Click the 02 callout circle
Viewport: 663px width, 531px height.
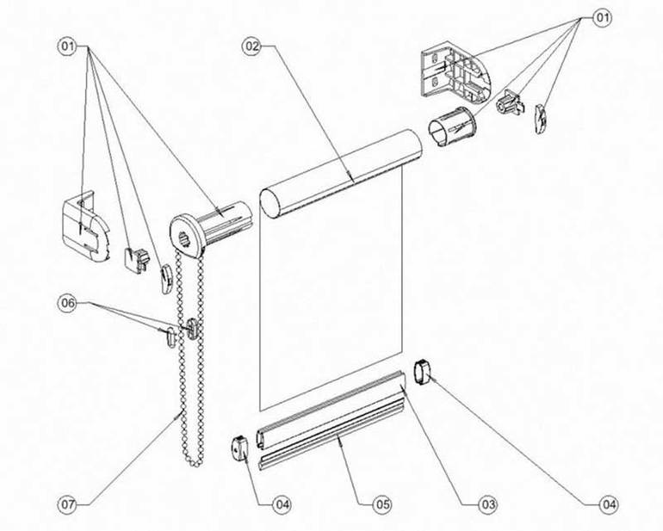(251, 46)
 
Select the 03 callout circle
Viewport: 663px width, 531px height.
(487, 504)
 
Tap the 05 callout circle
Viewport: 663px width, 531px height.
(381, 504)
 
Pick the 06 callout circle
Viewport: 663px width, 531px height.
(68, 303)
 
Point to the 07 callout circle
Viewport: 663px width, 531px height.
(68, 504)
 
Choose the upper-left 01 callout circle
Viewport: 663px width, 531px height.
(68, 46)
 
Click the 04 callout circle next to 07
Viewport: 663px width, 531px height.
(282, 504)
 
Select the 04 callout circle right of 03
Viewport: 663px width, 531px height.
(609, 504)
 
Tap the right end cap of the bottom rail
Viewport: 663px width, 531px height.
(423, 372)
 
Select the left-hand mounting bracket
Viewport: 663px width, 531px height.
(85, 226)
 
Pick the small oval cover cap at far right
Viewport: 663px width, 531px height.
(541, 119)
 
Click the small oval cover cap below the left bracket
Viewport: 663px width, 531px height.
(165, 279)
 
